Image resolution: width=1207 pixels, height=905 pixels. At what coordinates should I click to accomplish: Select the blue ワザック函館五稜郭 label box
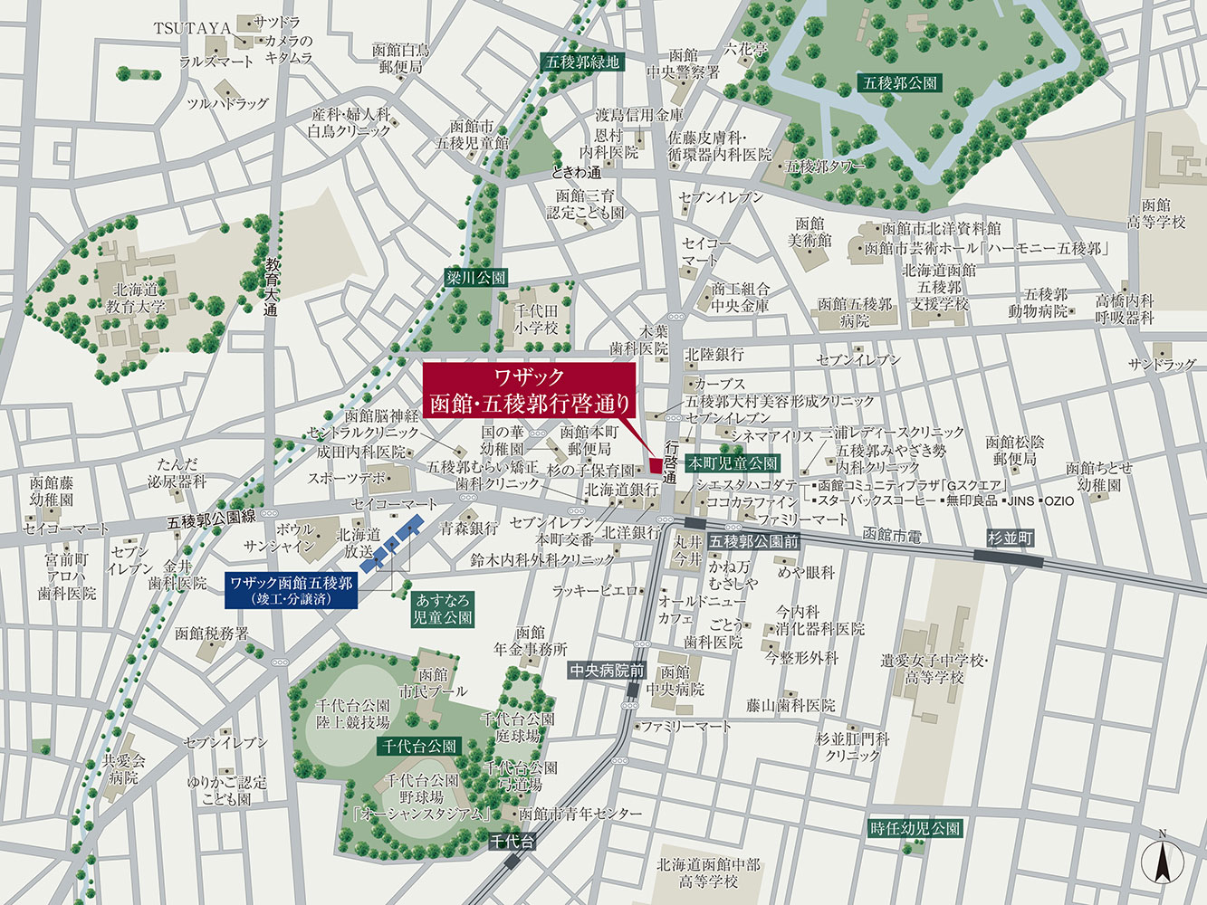[291, 589]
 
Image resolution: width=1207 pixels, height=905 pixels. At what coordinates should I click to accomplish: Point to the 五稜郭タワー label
[824, 167]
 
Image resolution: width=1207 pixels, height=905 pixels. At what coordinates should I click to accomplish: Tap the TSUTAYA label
[192, 28]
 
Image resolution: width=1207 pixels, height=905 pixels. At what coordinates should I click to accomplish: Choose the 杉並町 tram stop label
[1010, 538]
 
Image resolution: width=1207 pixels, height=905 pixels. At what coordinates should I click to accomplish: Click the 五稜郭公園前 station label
[753, 542]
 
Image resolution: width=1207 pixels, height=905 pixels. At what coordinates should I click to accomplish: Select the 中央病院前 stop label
[607, 671]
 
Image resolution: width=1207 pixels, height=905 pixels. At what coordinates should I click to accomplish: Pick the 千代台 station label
[512, 842]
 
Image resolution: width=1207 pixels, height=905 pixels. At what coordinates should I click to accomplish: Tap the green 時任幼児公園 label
[915, 827]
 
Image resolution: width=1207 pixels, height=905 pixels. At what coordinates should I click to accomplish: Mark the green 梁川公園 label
[475, 278]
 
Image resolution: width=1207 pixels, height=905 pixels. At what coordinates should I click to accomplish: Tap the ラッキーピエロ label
[594, 590]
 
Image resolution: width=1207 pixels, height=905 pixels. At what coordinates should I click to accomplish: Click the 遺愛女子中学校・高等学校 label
[933, 669]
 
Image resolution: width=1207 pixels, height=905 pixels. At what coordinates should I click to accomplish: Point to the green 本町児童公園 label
[732, 462]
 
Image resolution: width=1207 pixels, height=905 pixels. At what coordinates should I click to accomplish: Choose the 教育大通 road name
[272, 285]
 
